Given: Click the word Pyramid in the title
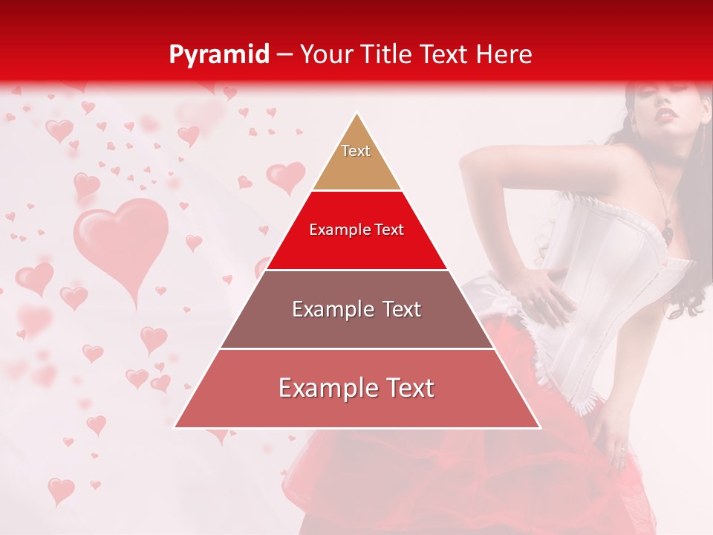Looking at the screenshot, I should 218,54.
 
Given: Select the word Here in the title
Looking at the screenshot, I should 504,54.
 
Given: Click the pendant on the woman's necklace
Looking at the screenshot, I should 668,232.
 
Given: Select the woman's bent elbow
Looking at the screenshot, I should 468,160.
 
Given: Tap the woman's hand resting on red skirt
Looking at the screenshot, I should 615,442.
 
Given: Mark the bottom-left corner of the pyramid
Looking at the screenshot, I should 175,427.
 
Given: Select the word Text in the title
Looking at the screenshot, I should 444,54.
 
